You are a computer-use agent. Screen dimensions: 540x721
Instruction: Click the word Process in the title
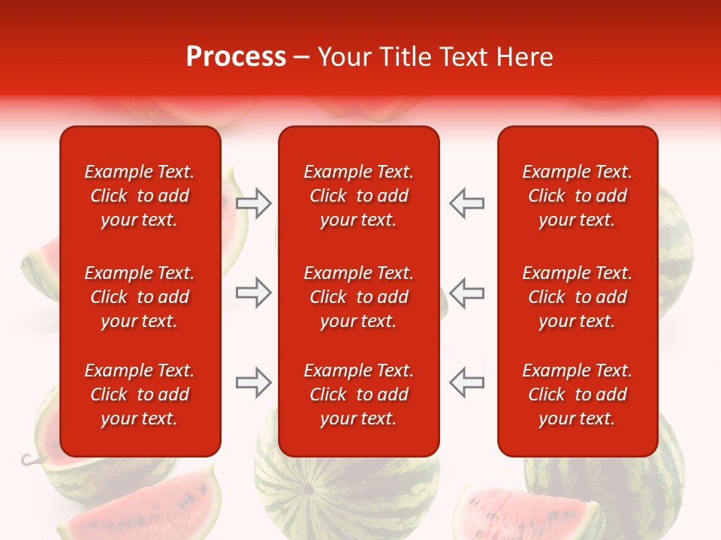pos(236,57)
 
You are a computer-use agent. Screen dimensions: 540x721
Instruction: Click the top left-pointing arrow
pos(466,203)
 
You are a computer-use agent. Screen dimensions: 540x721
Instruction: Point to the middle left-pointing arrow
pos(466,292)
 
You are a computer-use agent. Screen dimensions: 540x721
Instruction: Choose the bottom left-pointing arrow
pos(466,382)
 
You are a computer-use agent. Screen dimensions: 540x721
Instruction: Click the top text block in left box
pos(140,196)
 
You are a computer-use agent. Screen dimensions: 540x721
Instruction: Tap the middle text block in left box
pos(140,297)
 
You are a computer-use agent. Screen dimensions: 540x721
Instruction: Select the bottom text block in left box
pos(140,394)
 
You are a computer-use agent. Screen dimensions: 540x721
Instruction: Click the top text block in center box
pos(358,196)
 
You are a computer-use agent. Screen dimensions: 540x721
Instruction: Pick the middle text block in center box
pos(358,297)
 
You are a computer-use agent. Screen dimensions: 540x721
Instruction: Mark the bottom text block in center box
pos(358,394)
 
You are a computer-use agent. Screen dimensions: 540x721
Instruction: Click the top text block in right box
pos(577,196)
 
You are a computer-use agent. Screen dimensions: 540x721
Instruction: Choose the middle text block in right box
pos(577,297)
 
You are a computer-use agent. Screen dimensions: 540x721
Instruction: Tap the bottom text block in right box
pos(577,394)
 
